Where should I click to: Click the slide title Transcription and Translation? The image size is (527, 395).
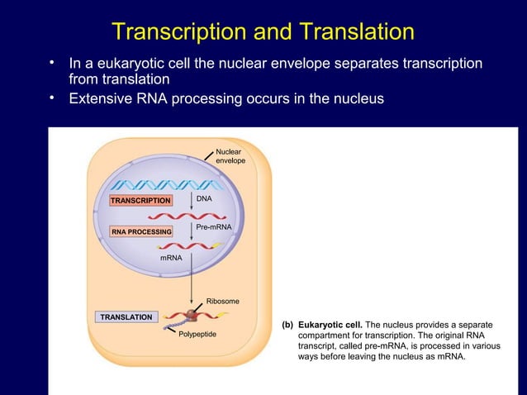point(263,32)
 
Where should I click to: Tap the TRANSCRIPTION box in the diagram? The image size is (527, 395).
point(140,201)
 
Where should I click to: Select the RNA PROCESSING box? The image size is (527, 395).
point(141,232)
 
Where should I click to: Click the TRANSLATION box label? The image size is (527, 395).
point(126,317)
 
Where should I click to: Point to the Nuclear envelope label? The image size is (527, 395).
point(230,156)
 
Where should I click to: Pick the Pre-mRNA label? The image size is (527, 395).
point(213,226)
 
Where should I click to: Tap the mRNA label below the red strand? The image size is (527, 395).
point(171,259)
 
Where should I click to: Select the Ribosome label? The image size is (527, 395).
point(222,302)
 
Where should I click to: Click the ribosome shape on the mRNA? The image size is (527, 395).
point(192,315)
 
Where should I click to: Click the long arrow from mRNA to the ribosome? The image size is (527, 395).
point(192,277)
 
